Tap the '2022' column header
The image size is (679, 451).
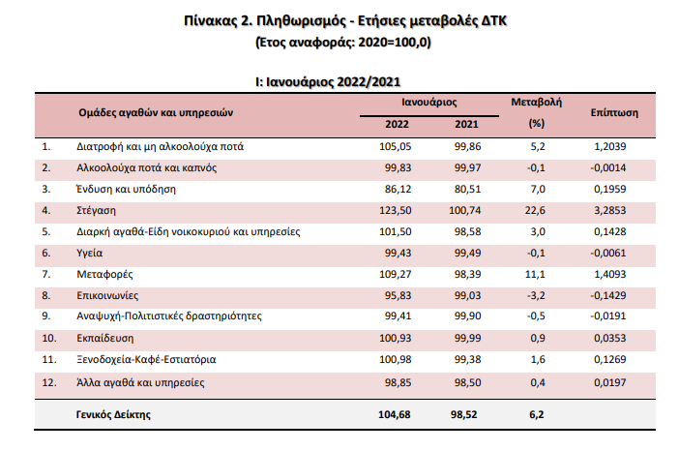[x=398, y=124]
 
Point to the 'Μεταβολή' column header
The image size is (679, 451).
[x=535, y=102]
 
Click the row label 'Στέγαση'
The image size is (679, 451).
[x=99, y=210]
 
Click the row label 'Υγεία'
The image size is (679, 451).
[x=91, y=253]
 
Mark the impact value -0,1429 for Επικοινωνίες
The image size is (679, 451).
[x=609, y=295]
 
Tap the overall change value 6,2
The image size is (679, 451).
[x=540, y=414]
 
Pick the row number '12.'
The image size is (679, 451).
[x=50, y=383]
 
